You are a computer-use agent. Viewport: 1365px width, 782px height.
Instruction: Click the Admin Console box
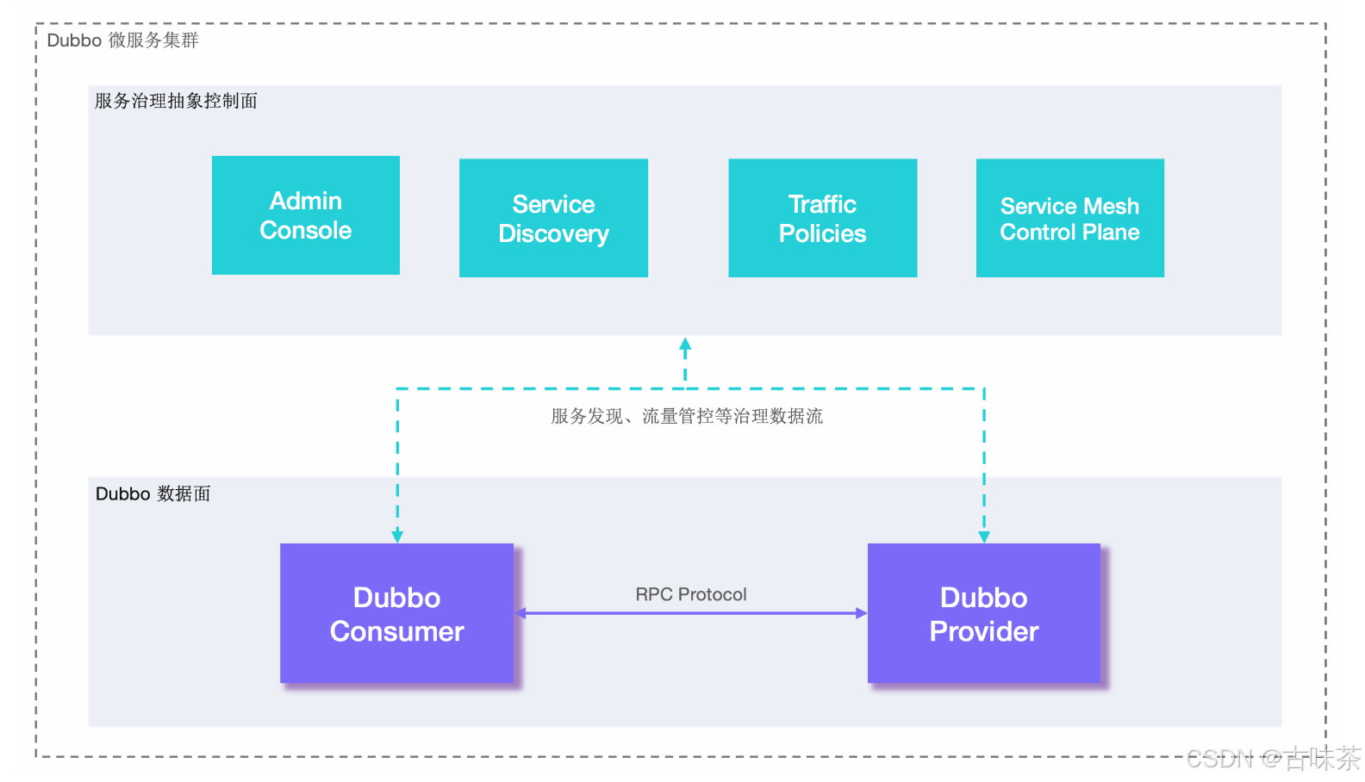306,215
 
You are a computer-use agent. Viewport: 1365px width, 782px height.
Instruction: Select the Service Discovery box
553,218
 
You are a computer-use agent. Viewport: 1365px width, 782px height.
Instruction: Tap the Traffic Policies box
822,218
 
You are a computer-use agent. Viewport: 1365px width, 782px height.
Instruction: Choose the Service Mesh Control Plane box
1069,218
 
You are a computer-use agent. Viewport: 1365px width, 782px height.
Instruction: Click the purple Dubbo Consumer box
396,613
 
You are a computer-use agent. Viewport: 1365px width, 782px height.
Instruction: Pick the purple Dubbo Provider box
983,613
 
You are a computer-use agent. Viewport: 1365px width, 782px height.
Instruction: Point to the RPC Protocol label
690,594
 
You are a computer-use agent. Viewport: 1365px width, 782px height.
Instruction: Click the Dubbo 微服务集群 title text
122,40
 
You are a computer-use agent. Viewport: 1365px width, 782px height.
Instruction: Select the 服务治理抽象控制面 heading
176,101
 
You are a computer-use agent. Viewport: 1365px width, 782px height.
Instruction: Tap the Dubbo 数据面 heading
153,493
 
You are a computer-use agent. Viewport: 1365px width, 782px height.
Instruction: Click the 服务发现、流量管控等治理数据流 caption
687,417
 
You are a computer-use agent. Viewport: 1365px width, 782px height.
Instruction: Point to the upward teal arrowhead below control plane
685,344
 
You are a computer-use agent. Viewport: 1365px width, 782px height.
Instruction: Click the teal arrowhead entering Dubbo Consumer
397,536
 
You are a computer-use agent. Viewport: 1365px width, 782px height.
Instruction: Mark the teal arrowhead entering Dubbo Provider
984,536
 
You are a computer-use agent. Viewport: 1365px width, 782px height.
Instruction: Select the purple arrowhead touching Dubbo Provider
861,613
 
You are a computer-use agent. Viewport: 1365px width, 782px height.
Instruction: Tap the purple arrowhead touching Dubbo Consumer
521,613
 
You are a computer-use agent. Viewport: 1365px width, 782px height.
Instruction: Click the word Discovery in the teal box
553,233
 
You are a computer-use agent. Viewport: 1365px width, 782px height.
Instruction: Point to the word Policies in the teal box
822,233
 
